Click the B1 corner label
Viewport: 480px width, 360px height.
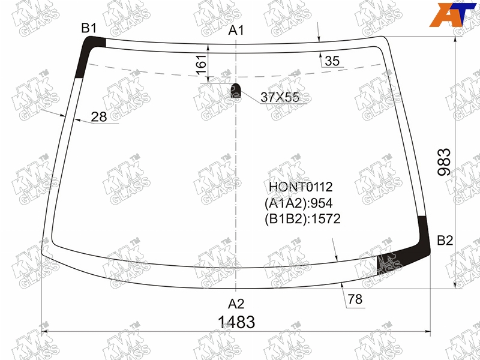89,28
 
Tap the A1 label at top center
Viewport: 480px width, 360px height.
236,31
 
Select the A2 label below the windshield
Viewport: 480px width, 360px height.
236,304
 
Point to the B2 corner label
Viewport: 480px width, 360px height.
445,241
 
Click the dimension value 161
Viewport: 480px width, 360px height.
202,65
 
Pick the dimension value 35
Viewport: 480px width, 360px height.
332,61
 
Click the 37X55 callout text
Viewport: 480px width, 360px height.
280,97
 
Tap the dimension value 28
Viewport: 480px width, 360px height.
99,116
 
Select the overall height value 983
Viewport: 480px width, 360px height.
445,162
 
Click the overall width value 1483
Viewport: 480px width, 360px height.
236,322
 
